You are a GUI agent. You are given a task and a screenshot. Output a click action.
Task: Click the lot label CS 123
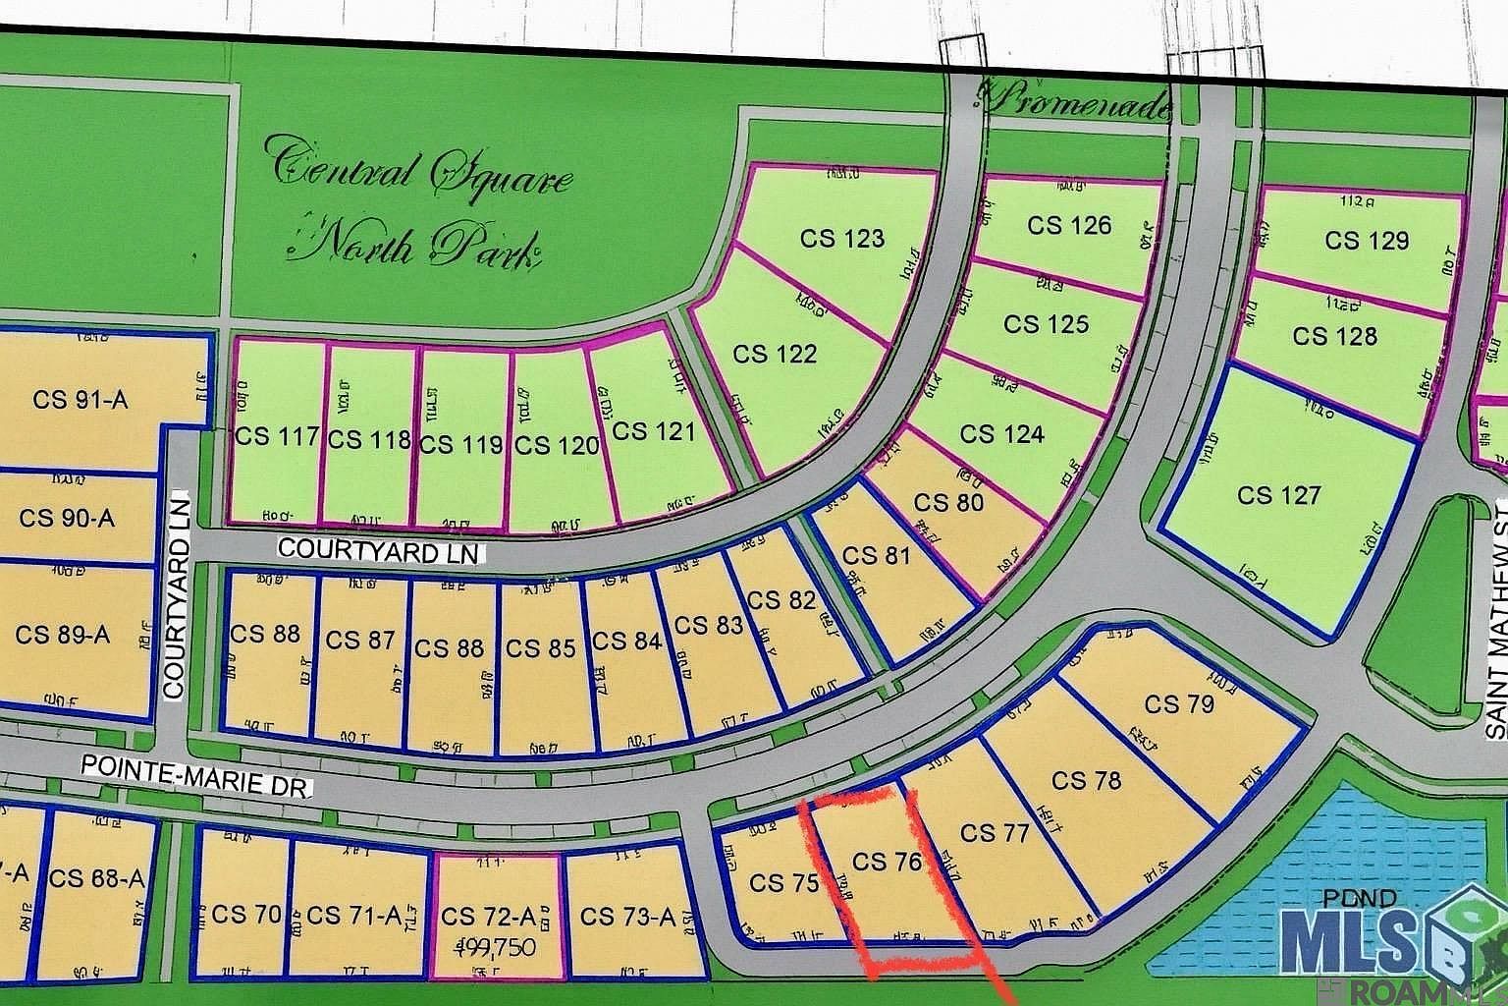(x=841, y=239)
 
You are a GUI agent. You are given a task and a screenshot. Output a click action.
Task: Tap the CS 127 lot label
(x=1278, y=495)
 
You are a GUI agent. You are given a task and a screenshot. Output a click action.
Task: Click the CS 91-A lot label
(x=81, y=400)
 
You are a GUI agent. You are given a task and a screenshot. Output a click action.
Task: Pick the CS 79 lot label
(x=1178, y=704)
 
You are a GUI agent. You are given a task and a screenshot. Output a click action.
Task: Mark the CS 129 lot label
(x=1367, y=241)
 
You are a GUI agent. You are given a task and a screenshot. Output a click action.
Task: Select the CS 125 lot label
(x=1046, y=324)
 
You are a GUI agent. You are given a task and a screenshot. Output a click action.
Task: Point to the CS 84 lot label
(x=628, y=642)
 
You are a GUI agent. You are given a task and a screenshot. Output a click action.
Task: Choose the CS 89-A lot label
(x=62, y=635)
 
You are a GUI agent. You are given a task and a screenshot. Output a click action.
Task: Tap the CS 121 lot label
(x=653, y=431)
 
